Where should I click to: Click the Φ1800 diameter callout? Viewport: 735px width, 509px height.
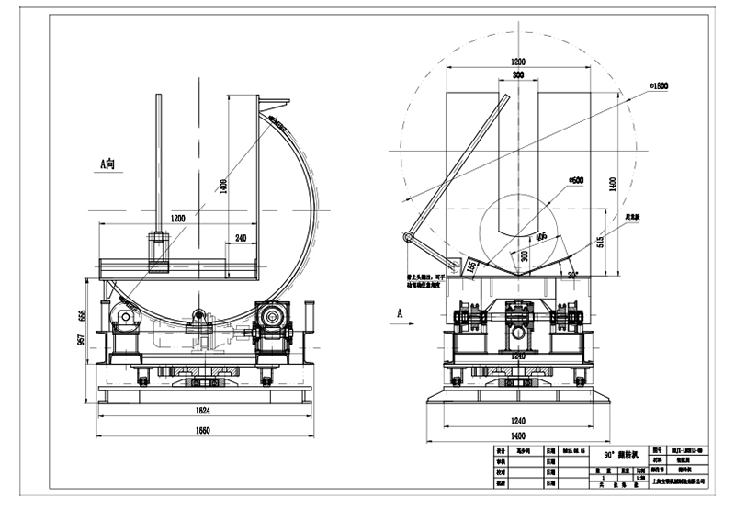click(658, 85)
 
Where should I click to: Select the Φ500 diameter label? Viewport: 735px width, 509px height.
click(576, 181)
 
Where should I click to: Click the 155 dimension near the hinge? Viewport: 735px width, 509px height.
click(471, 266)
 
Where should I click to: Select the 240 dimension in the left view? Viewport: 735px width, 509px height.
click(240, 237)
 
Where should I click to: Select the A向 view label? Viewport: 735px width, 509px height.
click(107, 164)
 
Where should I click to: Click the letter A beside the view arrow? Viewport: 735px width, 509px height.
click(399, 312)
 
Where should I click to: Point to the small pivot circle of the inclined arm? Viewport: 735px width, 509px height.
click(407, 239)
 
